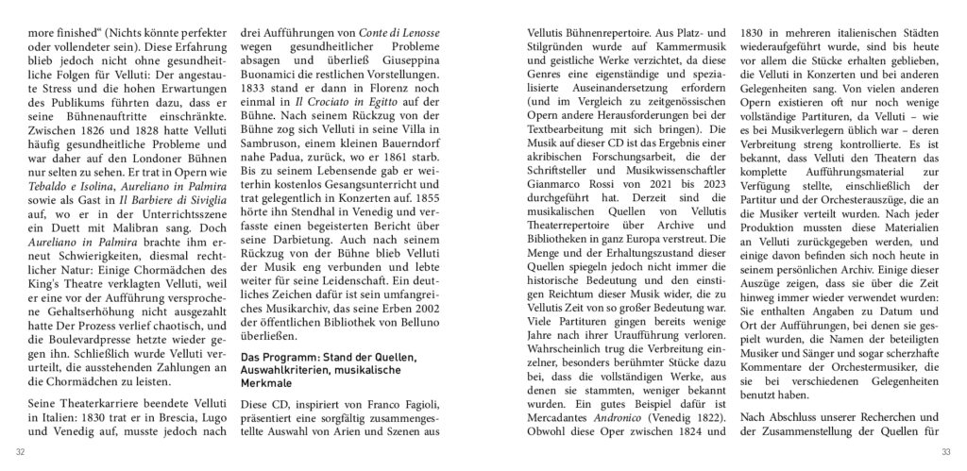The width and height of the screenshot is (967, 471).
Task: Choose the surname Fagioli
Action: pyautogui.click(x=423, y=402)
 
